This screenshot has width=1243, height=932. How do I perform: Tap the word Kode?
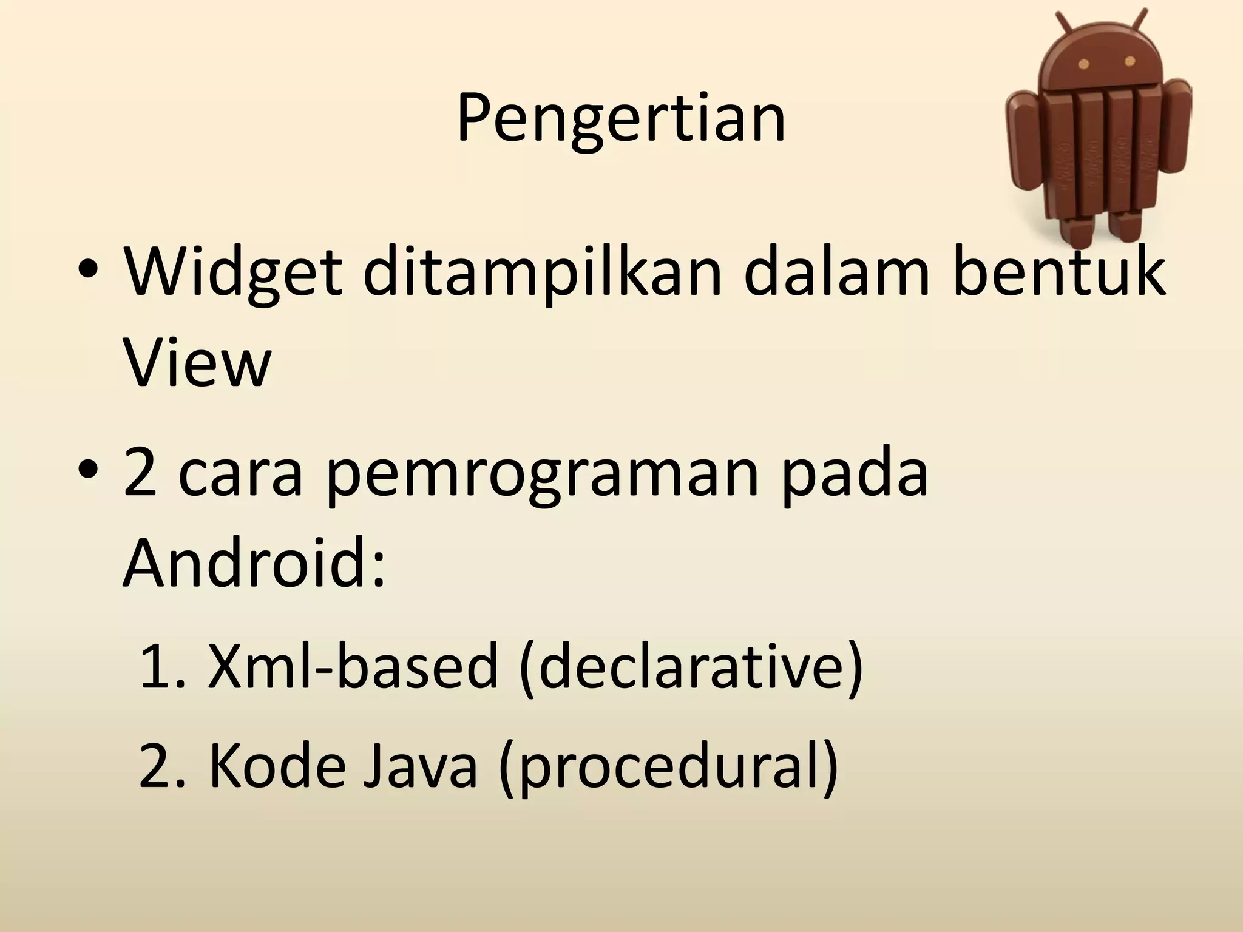tap(277, 766)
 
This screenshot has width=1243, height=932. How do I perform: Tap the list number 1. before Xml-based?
tap(162, 666)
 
